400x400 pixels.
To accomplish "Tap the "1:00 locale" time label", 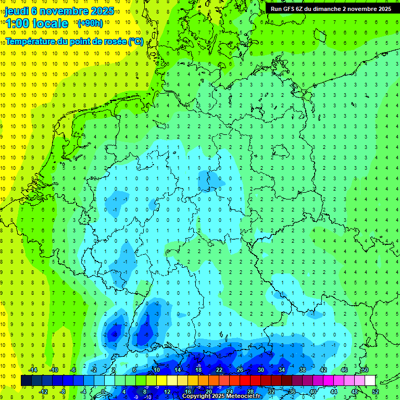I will click(x=37, y=23).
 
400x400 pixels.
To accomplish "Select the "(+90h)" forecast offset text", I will click(x=90, y=23).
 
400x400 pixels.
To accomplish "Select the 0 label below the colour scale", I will click(x=103, y=391).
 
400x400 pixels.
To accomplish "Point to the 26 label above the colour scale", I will click(x=240, y=370).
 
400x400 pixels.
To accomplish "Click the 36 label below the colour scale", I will click(x=292, y=391).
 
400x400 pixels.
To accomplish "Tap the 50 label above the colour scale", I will click(x=365, y=370).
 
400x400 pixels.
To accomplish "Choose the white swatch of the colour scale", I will click(x=370, y=380).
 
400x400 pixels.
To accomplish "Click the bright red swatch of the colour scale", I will click(x=245, y=380).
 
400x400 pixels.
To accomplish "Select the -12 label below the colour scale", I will click(x=43, y=391).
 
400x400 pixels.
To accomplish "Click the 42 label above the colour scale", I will click(x=323, y=370).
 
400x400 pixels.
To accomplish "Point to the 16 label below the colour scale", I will click(x=188, y=391).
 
